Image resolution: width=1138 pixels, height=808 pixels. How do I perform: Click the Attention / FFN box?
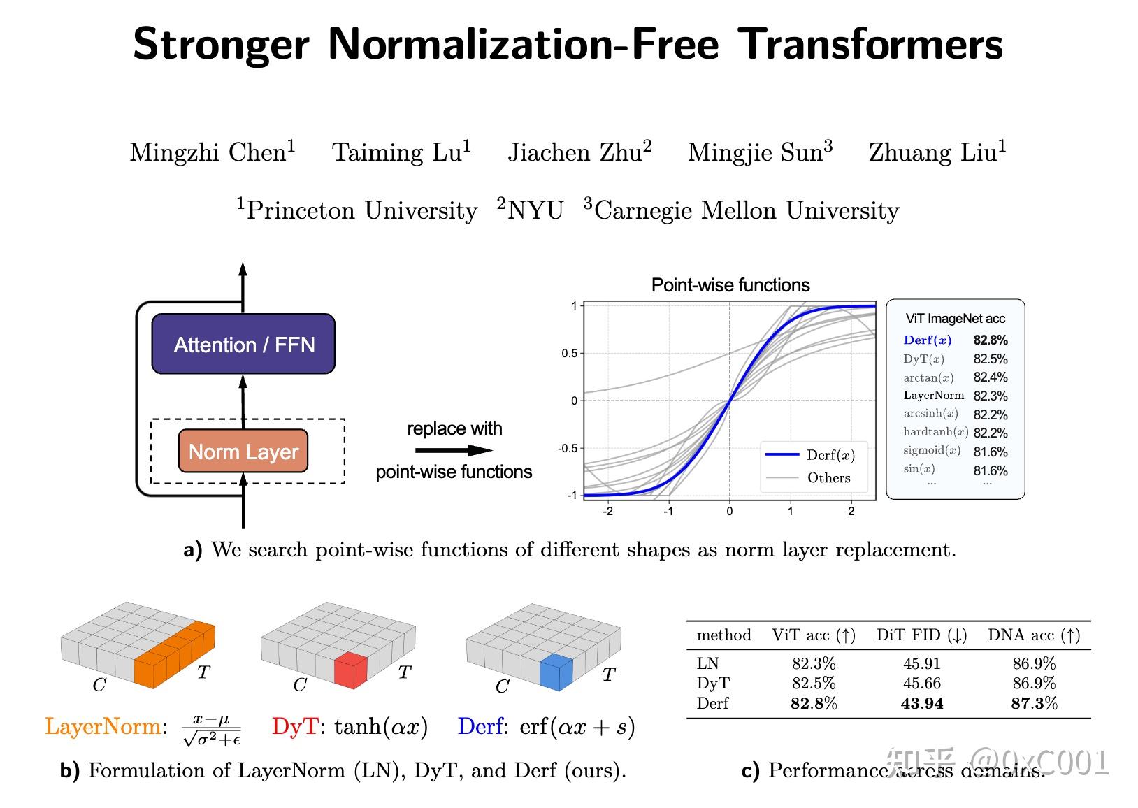coord(243,344)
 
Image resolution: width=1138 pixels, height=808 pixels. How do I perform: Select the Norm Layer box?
coord(243,452)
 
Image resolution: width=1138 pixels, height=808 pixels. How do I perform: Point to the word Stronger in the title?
coord(221,44)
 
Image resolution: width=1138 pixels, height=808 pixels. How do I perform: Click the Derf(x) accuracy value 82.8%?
coord(991,340)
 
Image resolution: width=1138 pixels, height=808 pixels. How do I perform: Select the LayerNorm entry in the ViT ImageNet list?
coord(933,396)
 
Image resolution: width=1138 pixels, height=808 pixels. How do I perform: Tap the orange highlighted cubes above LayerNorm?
coord(175,655)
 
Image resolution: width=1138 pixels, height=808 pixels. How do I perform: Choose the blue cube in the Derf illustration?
coord(556,672)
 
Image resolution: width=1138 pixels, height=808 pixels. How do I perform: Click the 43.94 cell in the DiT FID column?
coord(922,703)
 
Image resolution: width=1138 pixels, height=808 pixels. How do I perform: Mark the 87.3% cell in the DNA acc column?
coord(1034,703)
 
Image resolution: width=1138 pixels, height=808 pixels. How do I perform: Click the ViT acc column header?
coord(813,635)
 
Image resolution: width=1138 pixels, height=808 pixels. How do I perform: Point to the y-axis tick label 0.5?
coord(569,354)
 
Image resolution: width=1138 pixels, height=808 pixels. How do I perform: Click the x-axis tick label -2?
coord(607,511)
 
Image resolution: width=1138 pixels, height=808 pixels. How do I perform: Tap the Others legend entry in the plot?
coord(828,478)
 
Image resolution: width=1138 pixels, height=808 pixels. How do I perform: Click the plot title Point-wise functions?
coord(730,285)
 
